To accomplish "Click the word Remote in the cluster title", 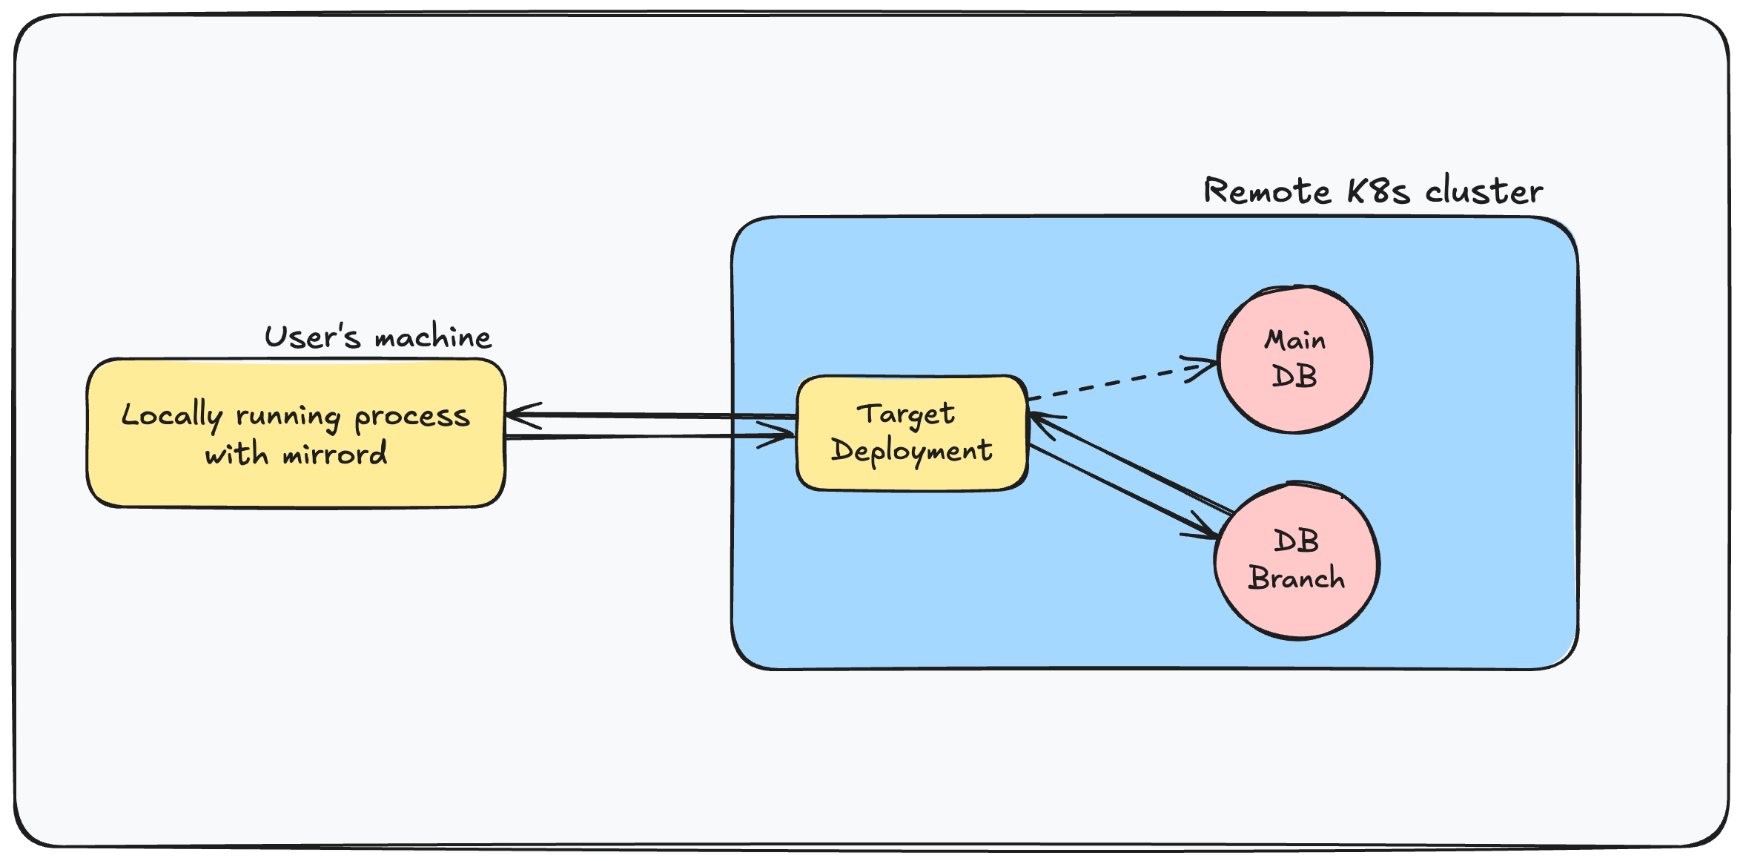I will pos(1267,191).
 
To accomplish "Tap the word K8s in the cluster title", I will pos(1378,191).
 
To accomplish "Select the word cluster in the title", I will pos(1484,191).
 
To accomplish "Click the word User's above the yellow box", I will pos(312,337).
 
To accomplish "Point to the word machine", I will pos(433,338).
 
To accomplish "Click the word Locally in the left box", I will pos(172,416).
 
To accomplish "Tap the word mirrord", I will pos(335,454).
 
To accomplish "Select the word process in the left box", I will pos(412,418).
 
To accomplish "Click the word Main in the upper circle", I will pos(1294,340).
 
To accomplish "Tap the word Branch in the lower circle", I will pos(1297,578).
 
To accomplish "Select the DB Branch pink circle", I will pos(1297,608).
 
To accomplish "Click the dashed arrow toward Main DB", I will pos(1112,383).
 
